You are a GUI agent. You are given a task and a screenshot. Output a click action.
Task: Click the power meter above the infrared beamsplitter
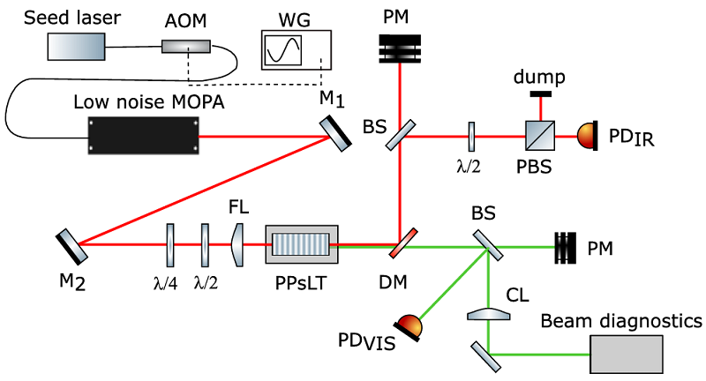(402, 48)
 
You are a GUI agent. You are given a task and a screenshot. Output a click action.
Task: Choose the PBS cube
(539, 137)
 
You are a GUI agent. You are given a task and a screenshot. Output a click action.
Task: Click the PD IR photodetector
(587, 137)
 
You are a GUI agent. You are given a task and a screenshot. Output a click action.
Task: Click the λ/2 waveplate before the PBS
(472, 137)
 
